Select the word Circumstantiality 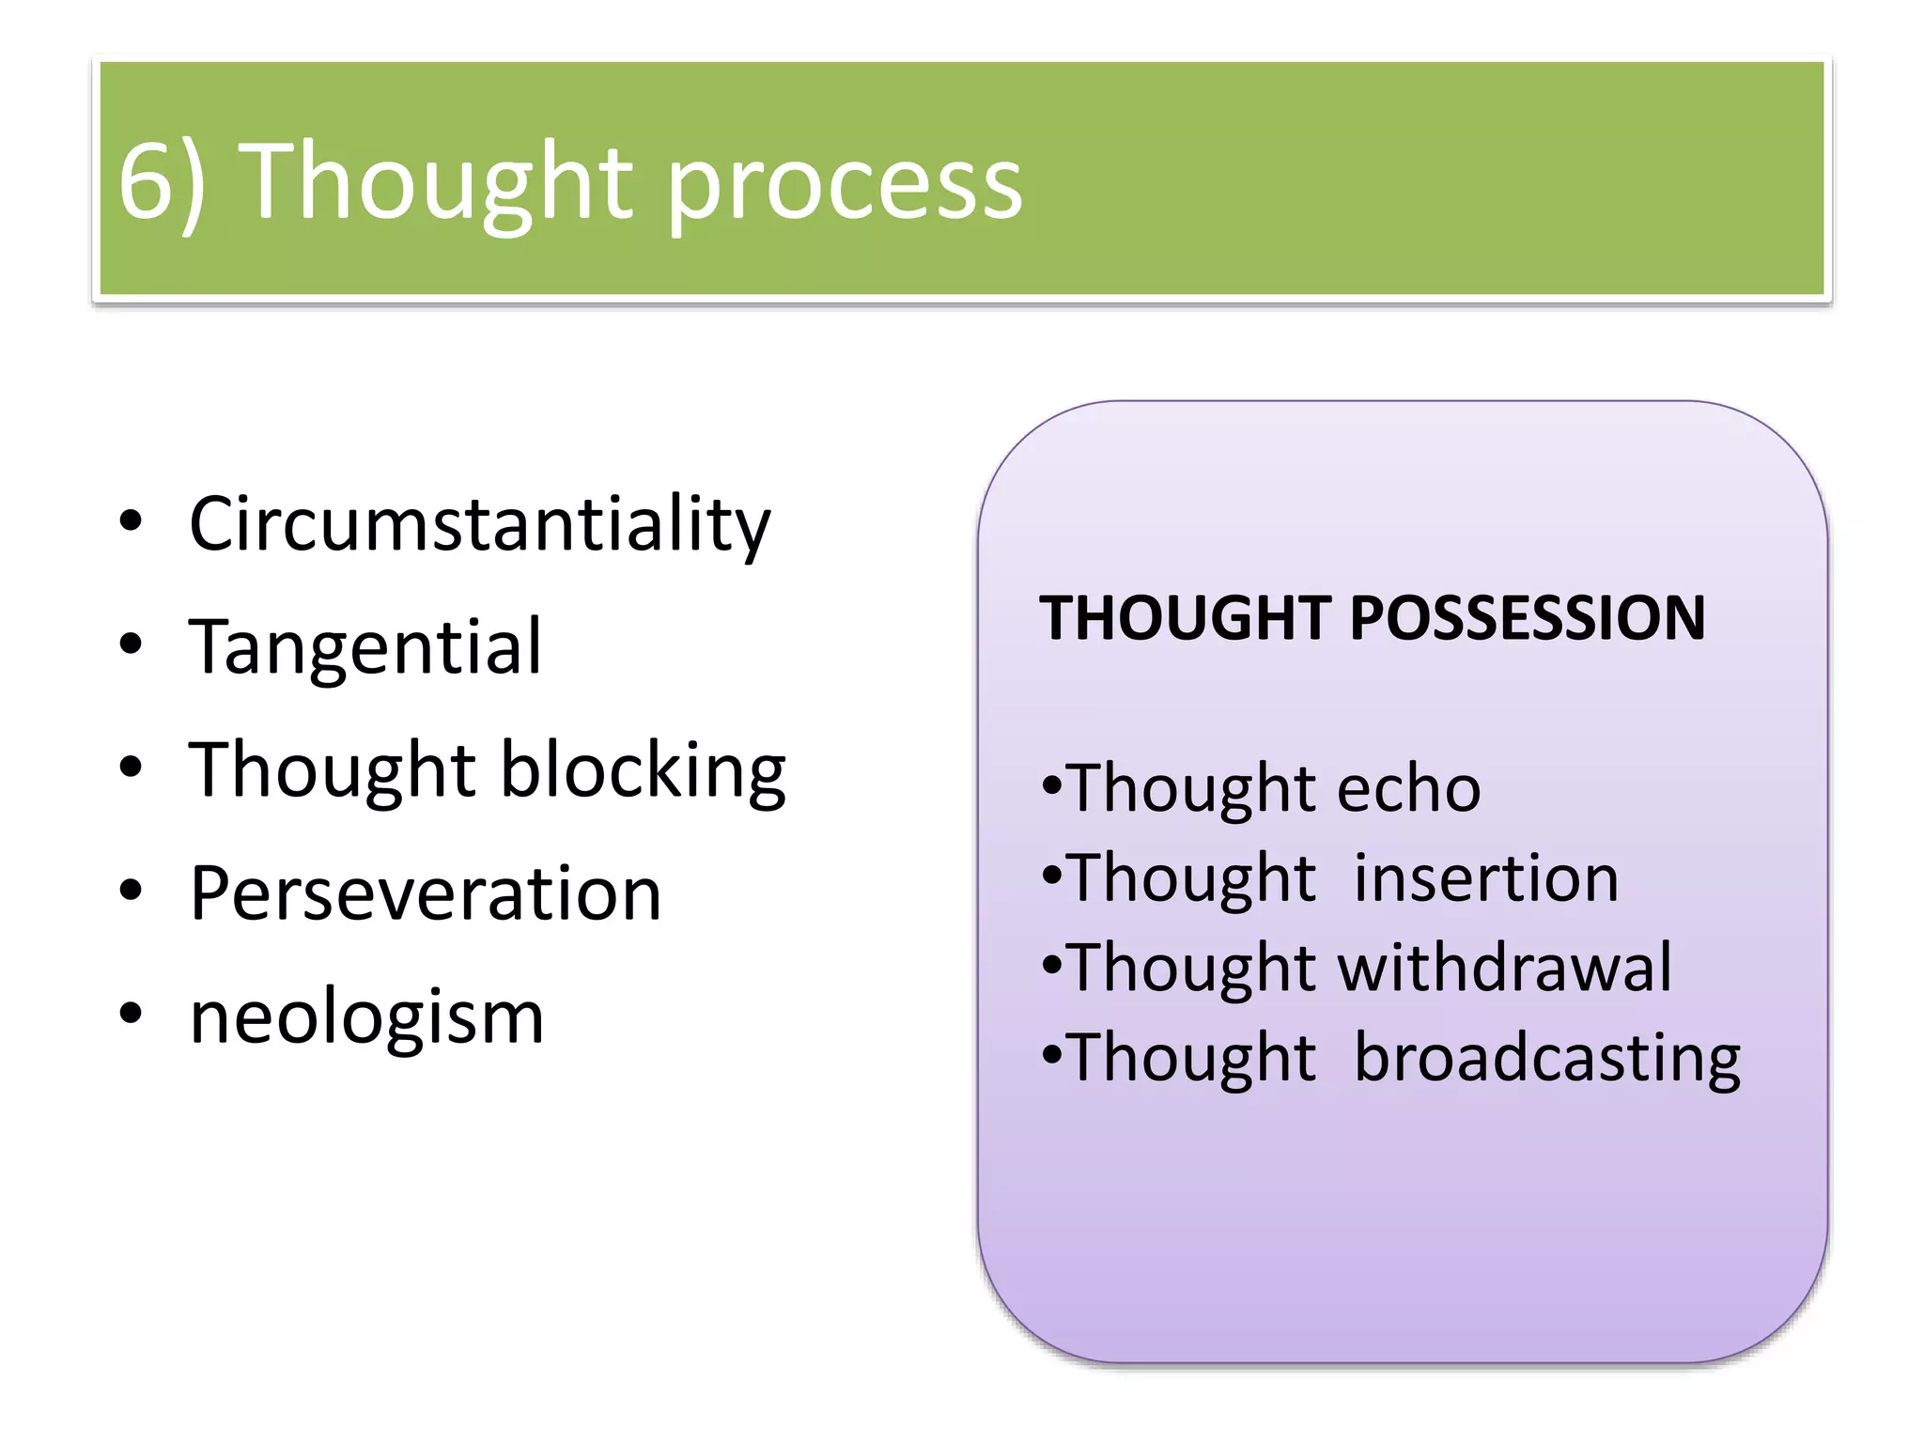click(x=479, y=524)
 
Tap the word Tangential click(x=365, y=646)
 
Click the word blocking click(x=643, y=770)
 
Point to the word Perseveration click(x=426, y=892)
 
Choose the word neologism click(x=366, y=1018)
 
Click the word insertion click(x=1486, y=878)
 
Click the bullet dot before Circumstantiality click(x=131, y=521)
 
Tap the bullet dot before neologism click(x=131, y=1014)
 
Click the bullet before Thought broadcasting click(x=1052, y=1054)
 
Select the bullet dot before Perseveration click(x=131, y=890)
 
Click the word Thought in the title click(x=433, y=183)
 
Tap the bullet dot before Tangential click(x=131, y=644)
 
